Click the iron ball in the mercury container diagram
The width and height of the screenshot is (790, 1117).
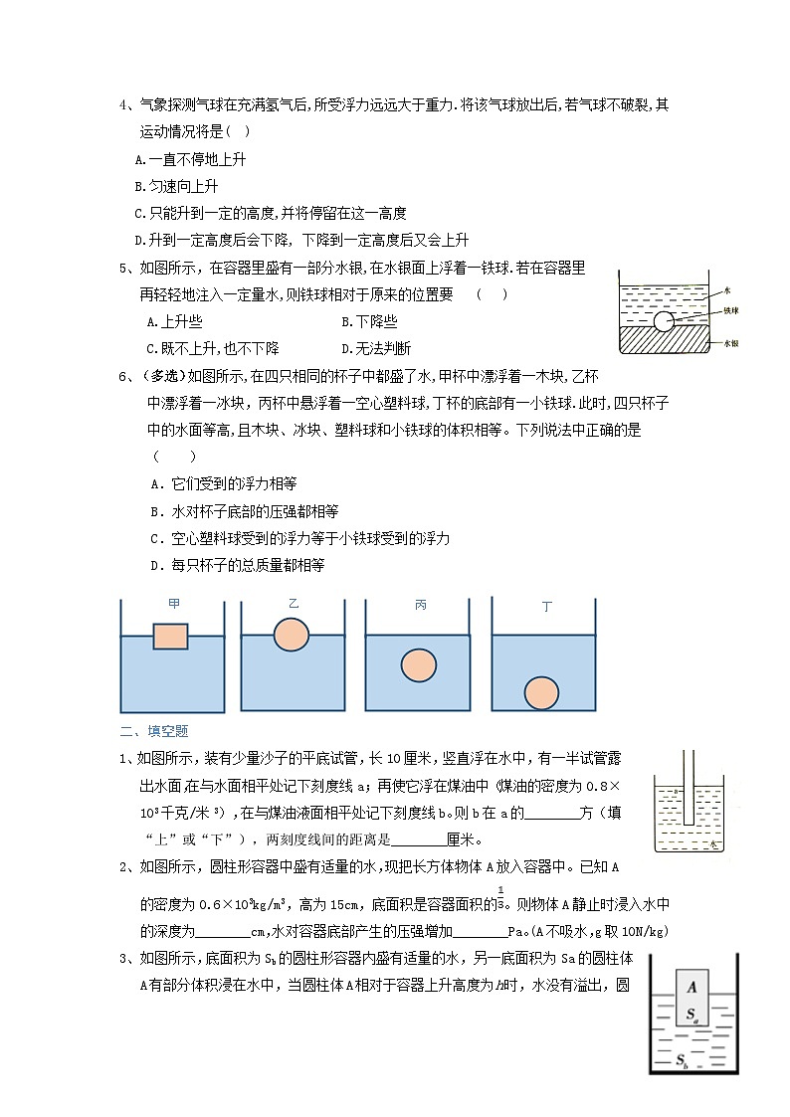[x=664, y=321]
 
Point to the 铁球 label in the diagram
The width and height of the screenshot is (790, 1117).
[x=729, y=311]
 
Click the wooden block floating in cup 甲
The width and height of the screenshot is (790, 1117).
[x=170, y=637]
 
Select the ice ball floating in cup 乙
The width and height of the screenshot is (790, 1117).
[x=293, y=634]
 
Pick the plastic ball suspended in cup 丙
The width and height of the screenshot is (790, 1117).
[x=418, y=664]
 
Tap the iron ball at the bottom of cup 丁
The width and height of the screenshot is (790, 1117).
[x=542, y=692]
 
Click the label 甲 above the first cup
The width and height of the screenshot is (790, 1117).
[x=174, y=604]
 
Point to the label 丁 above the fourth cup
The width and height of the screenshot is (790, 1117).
[x=546, y=606]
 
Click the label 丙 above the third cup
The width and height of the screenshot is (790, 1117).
[x=419, y=605]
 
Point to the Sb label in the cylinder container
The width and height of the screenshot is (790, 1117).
[x=684, y=1060]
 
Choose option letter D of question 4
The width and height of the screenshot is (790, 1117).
[x=140, y=241]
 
